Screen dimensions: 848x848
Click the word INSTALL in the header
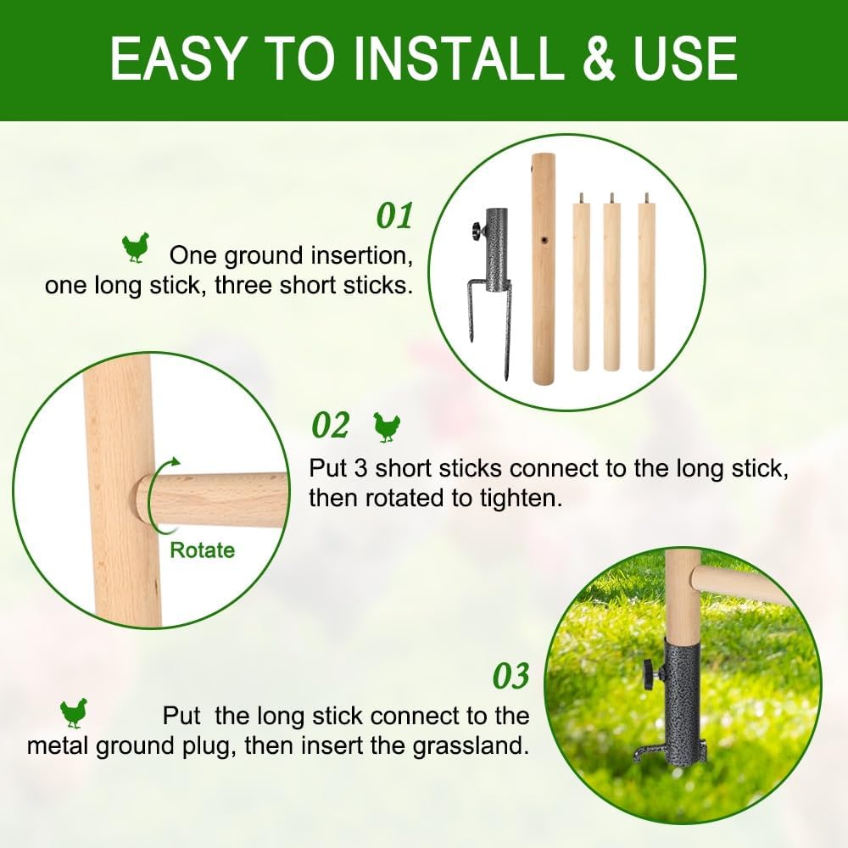pyautogui.click(x=457, y=59)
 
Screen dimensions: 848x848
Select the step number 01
pyautogui.click(x=394, y=215)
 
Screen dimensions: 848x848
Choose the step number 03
pyautogui.click(x=510, y=676)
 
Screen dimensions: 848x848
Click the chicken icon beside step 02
pyautogui.click(x=387, y=427)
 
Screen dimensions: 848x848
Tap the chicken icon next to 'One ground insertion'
pyautogui.click(x=135, y=248)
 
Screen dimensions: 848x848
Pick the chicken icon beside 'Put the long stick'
pyautogui.click(x=74, y=713)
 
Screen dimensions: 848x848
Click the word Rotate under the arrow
pyautogui.click(x=203, y=550)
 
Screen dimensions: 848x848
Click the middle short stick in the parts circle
pyautogui.click(x=611, y=282)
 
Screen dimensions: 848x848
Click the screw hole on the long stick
pyautogui.click(x=544, y=238)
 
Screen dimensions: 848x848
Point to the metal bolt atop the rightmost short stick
pyautogui.click(x=645, y=198)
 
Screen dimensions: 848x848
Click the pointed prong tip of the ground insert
pyautogui.click(x=507, y=377)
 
